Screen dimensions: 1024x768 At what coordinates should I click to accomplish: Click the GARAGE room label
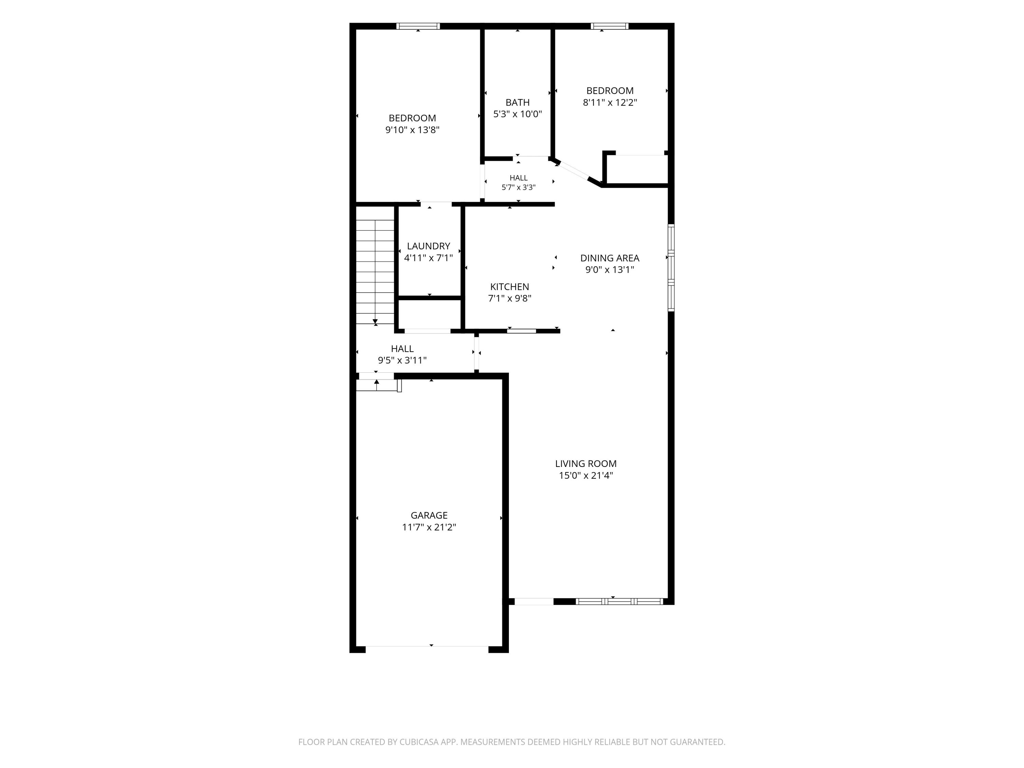pyautogui.click(x=429, y=515)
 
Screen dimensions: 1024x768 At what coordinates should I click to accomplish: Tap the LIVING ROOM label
pyautogui.click(x=586, y=464)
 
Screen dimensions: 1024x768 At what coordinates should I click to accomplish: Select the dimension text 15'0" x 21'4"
pyautogui.click(x=586, y=475)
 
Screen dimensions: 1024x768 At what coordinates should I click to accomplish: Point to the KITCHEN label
pyautogui.click(x=509, y=287)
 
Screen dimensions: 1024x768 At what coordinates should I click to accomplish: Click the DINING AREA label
pyautogui.click(x=610, y=258)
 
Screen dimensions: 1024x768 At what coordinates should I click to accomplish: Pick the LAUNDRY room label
pyautogui.click(x=428, y=246)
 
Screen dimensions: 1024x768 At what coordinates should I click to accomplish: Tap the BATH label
pyautogui.click(x=517, y=102)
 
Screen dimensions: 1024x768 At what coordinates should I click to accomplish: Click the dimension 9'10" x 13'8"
pyautogui.click(x=412, y=130)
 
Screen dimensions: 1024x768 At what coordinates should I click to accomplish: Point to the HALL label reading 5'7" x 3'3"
pyautogui.click(x=518, y=182)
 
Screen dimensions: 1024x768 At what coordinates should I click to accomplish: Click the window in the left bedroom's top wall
pyautogui.click(x=418, y=26)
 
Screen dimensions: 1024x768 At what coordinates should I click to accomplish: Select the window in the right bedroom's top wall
pyautogui.click(x=610, y=26)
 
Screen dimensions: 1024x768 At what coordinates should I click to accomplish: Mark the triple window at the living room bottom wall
pyautogui.click(x=620, y=601)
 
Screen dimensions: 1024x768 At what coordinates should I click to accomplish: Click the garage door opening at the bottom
pyautogui.click(x=427, y=646)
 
